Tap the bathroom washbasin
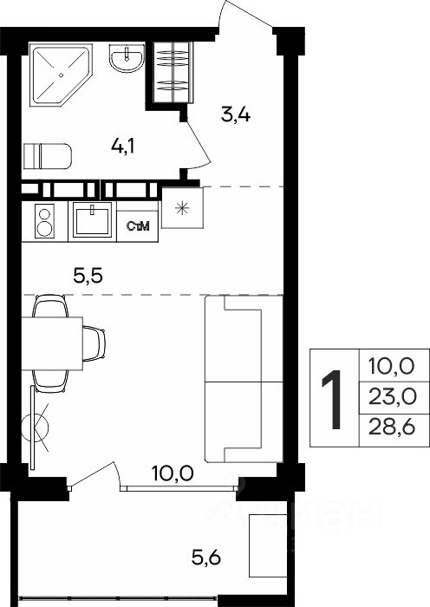click(127, 58)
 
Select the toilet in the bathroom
click(47, 156)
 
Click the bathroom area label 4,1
click(122, 147)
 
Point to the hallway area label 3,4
click(235, 115)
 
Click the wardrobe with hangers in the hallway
click(173, 72)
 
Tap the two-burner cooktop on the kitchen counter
click(44, 221)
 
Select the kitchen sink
click(92, 221)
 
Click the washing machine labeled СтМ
click(137, 226)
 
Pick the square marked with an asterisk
click(182, 208)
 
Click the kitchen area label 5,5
click(88, 277)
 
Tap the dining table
click(52, 343)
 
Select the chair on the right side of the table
click(94, 343)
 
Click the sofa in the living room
click(244, 379)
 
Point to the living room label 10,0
click(173, 473)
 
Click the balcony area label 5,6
click(206, 558)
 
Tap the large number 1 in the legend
click(333, 400)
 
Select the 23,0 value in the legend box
click(392, 397)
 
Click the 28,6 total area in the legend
click(392, 428)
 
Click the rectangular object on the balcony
click(268, 545)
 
